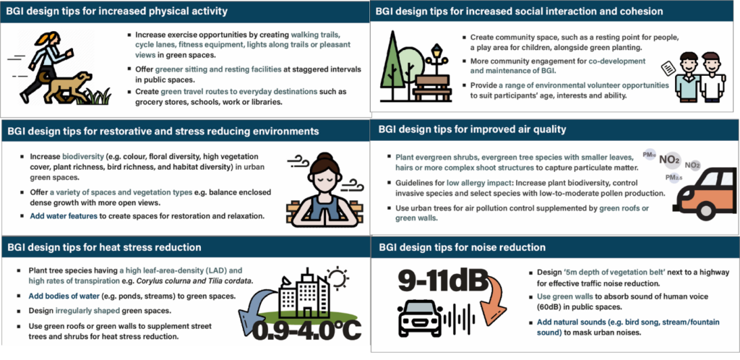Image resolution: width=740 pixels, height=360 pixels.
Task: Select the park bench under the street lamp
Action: (432, 87)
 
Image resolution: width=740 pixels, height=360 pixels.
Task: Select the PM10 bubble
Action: (650, 155)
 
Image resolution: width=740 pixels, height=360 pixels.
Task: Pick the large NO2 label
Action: (670, 160)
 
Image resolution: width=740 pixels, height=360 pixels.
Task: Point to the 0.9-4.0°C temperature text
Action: (306, 330)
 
